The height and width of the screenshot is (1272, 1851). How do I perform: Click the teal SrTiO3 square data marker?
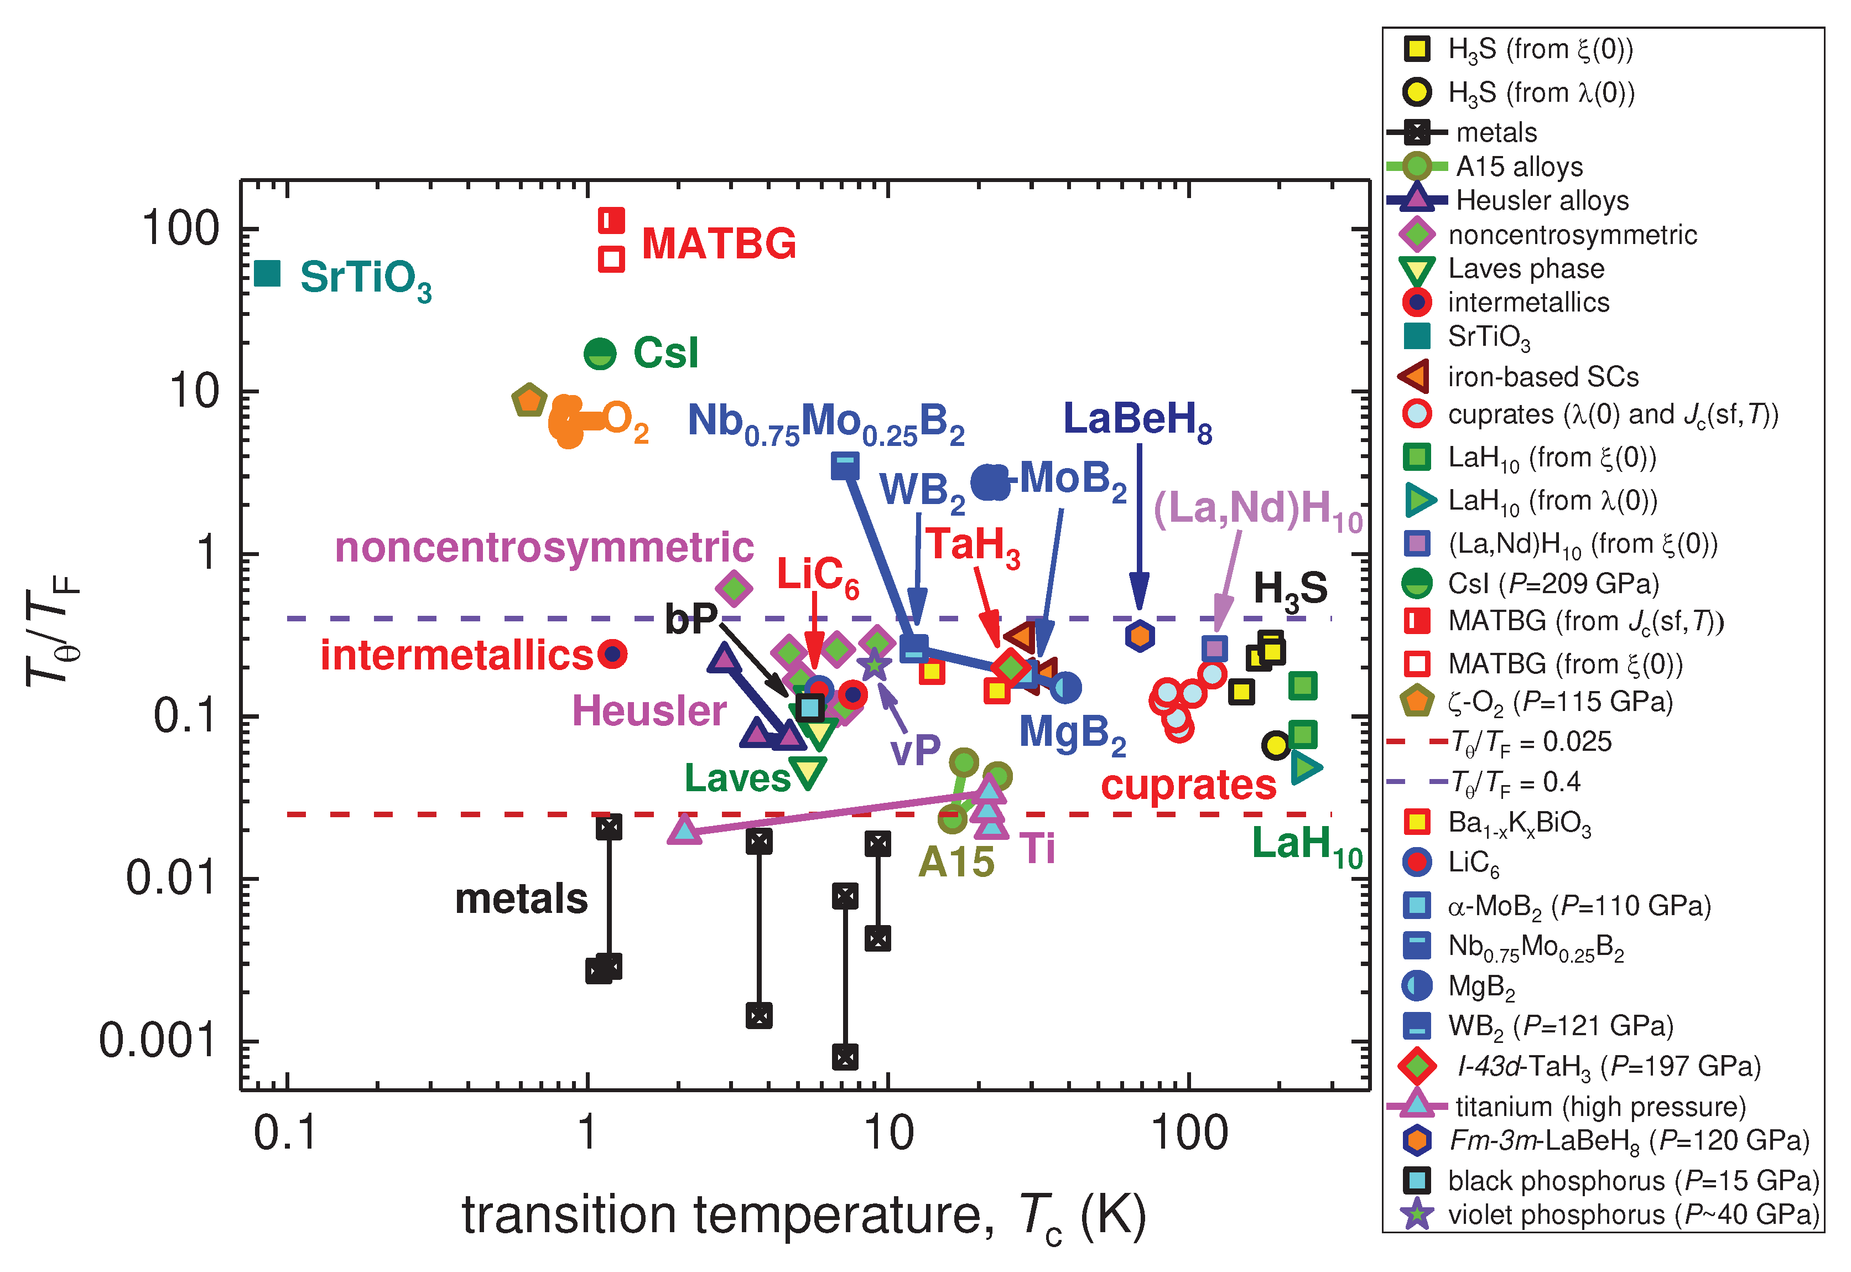(268, 273)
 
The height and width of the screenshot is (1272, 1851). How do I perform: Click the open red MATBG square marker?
(611, 259)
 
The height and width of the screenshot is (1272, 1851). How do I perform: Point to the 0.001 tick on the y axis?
(158, 1041)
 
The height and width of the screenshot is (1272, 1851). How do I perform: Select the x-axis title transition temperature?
(803, 1216)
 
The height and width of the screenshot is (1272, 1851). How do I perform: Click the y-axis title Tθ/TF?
(52, 637)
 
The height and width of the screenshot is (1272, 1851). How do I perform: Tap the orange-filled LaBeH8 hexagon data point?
(1140, 635)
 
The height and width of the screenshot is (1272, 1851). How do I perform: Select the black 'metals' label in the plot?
(521, 899)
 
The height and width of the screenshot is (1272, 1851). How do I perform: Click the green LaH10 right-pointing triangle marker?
(1304, 767)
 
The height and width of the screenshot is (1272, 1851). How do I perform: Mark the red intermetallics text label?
(456, 655)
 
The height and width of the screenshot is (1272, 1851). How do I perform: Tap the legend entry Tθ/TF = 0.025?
(1530, 742)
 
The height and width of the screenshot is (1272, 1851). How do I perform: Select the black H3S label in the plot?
(1290, 590)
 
